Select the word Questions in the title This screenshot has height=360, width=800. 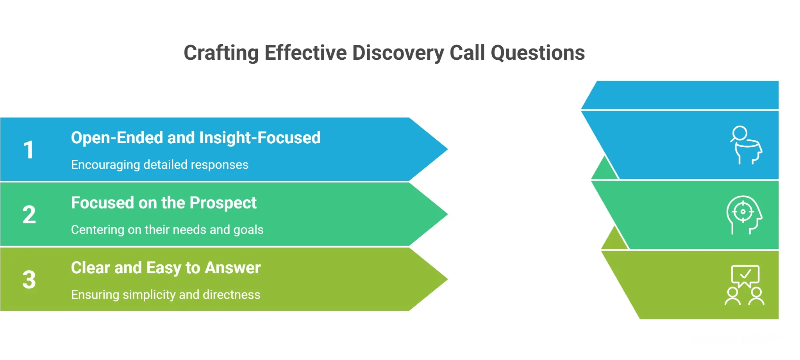pyautogui.click(x=537, y=53)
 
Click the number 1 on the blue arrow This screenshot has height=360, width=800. pyautogui.click(x=29, y=150)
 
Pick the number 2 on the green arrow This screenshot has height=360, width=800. pyautogui.click(x=29, y=215)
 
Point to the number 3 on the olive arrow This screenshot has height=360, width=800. pyautogui.click(x=29, y=280)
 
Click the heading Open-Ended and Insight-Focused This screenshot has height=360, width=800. pyautogui.click(x=195, y=138)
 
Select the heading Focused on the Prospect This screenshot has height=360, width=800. pyautogui.click(x=163, y=203)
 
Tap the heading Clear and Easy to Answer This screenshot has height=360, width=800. pyautogui.click(x=166, y=268)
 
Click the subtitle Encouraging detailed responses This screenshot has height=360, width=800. pyautogui.click(x=159, y=165)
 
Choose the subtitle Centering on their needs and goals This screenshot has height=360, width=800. pyautogui.click(x=167, y=230)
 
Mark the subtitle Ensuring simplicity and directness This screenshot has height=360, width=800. pyautogui.click(x=166, y=295)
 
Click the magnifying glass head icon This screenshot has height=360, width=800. pyautogui.click(x=746, y=145)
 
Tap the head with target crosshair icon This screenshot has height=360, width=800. pyautogui.click(x=744, y=215)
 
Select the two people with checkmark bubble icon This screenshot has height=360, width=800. pyautogui.click(x=745, y=285)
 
